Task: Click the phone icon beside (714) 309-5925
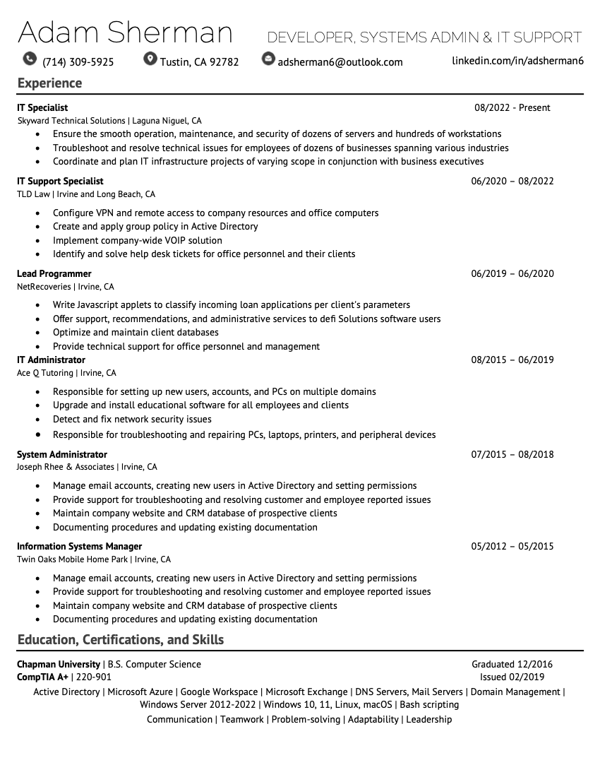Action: (29, 59)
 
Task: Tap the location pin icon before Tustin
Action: (150, 59)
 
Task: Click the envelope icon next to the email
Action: (268, 59)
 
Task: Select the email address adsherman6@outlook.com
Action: (340, 62)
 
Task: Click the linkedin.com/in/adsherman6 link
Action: (517, 61)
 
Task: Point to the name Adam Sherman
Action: (125, 33)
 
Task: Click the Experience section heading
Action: (49, 83)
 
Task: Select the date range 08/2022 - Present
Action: (512, 108)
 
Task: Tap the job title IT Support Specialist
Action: (60, 182)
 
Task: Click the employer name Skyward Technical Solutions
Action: (71, 121)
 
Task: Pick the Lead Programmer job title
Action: (54, 274)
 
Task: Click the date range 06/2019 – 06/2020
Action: (512, 274)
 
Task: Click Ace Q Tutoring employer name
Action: (45, 373)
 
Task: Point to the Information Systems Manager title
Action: (79, 547)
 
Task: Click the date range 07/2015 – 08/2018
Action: (512, 455)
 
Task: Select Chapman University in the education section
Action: (59, 665)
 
